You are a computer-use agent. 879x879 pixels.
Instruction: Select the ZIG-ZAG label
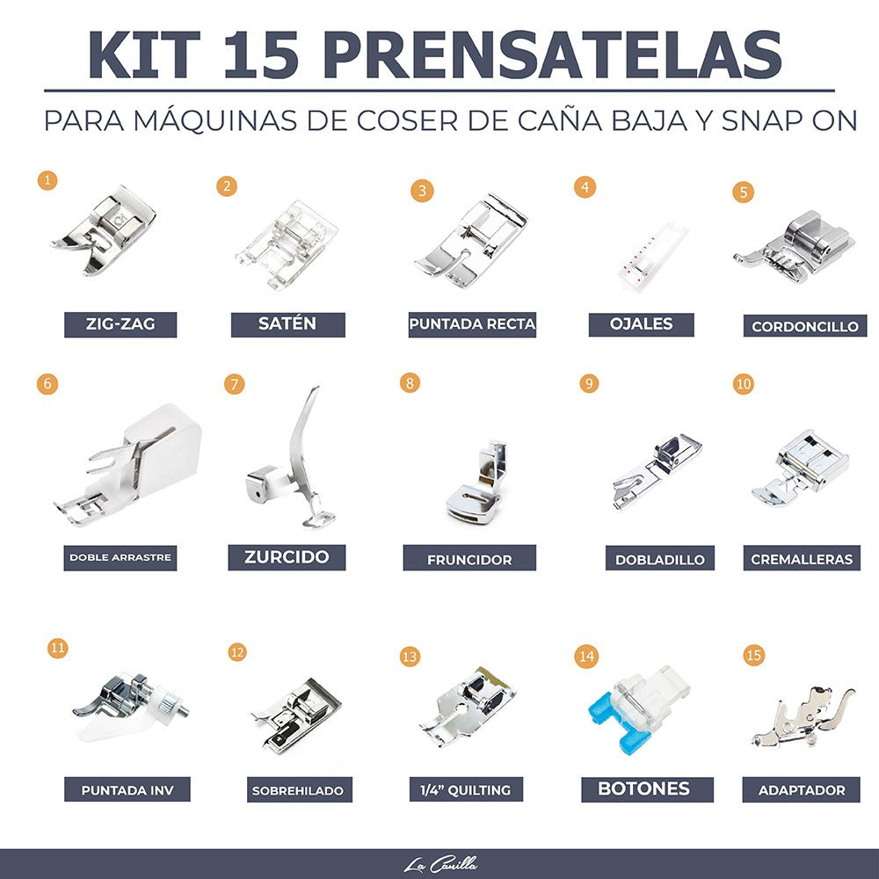pyautogui.click(x=120, y=324)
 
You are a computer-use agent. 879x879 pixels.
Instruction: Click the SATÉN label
pyautogui.click(x=287, y=324)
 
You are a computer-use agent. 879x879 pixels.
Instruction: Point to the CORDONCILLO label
pyautogui.click(x=804, y=326)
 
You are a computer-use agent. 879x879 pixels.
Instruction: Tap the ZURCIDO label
pyautogui.click(x=287, y=557)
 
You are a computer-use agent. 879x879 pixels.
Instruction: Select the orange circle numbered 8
pyautogui.click(x=410, y=383)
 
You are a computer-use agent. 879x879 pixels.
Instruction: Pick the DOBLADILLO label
pyautogui.click(x=659, y=558)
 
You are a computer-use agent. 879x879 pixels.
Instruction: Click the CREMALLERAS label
pyautogui.click(x=802, y=558)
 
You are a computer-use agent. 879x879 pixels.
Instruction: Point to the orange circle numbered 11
pyautogui.click(x=58, y=649)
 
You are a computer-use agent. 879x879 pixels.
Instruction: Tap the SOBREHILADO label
pyautogui.click(x=297, y=789)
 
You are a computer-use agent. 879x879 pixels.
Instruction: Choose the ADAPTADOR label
pyautogui.click(x=802, y=789)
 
